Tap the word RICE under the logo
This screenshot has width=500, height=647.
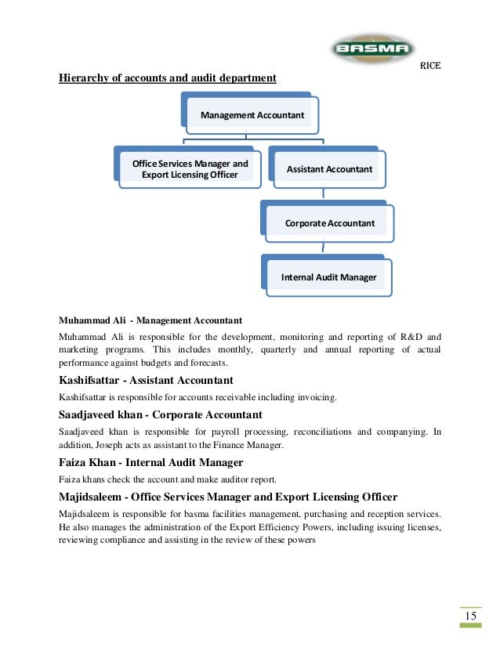430,68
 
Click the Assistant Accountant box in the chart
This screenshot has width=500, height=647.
329,168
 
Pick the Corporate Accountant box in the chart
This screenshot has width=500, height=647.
329,223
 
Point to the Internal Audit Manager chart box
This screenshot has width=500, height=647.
329,277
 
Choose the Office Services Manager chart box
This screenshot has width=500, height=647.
190,168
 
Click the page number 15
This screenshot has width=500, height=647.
470,617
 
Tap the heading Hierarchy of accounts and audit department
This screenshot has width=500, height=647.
168,78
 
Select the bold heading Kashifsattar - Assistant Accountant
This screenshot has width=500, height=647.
146,381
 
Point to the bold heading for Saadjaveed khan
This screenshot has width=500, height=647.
160,414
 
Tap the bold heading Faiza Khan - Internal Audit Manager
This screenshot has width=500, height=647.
150,462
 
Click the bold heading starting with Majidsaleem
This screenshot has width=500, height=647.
228,497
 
